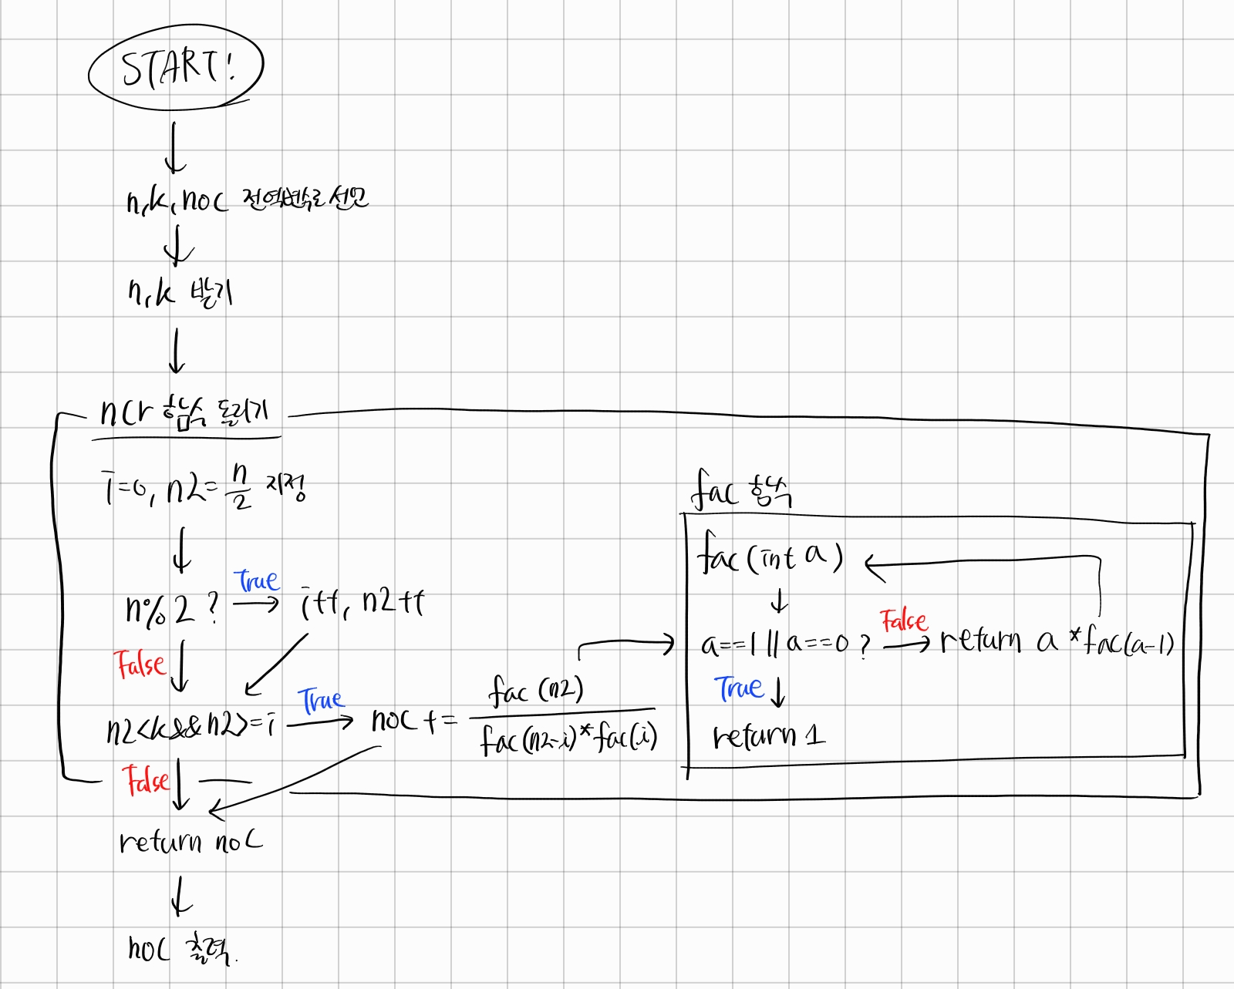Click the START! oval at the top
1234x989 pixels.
point(176,68)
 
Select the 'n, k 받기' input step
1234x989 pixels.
point(180,293)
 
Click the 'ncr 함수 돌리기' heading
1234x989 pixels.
point(185,413)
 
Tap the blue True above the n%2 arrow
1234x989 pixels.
point(256,580)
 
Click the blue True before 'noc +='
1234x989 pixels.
point(320,700)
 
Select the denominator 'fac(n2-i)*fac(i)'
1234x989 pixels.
point(568,738)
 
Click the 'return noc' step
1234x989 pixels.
point(190,842)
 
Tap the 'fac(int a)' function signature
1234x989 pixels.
point(770,555)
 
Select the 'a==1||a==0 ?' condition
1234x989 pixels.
point(785,644)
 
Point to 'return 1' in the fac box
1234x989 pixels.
point(768,736)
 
